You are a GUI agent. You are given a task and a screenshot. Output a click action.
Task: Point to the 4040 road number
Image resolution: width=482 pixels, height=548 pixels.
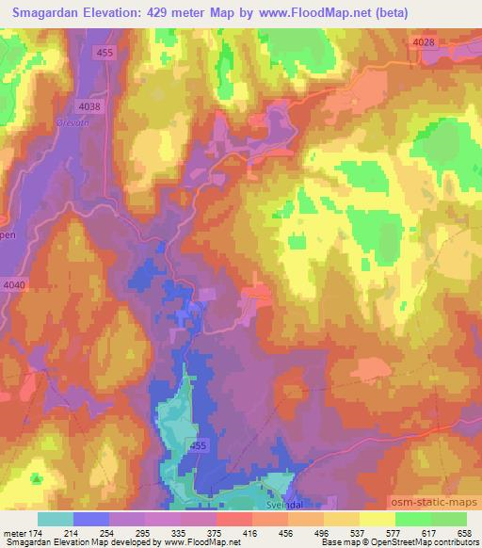coord(15,284)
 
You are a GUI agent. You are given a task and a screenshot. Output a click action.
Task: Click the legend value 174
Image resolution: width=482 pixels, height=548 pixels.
coord(37,533)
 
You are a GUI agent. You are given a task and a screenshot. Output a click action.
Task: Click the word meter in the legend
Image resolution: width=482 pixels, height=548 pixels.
coord(14,533)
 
